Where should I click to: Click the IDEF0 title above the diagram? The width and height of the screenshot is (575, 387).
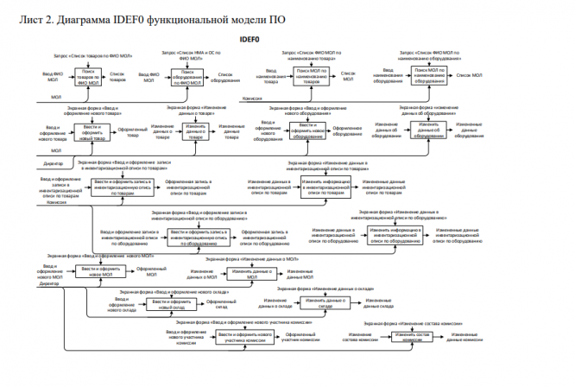point(287,39)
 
